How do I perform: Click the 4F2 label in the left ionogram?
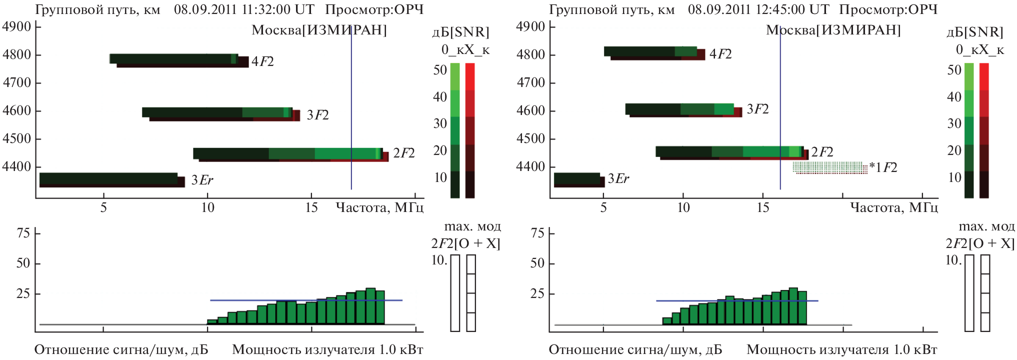click(x=262, y=61)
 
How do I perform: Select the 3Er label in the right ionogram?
click(x=618, y=179)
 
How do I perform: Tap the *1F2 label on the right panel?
click(x=883, y=167)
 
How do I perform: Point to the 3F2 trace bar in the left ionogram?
click(x=220, y=113)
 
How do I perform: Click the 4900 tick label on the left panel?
click(x=17, y=26)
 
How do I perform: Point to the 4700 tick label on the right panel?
click(x=530, y=82)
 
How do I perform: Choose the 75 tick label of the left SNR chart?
click(x=23, y=233)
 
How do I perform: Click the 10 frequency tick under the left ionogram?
click(x=207, y=207)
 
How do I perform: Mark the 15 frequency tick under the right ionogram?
click(x=763, y=207)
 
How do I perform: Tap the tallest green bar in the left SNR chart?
click(x=370, y=306)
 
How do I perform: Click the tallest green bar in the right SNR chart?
click(x=793, y=306)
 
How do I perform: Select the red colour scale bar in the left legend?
click(x=470, y=130)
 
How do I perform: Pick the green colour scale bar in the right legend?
click(x=969, y=130)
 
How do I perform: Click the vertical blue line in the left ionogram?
click(x=351, y=100)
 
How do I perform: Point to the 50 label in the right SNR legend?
click(x=954, y=70)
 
